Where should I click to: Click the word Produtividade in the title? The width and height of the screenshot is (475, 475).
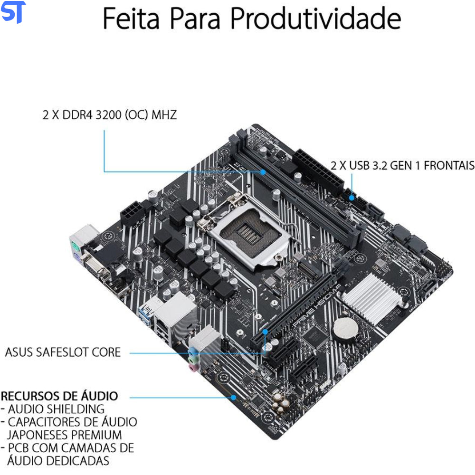tap(316, 19)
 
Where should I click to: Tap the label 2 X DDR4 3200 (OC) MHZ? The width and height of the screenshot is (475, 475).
tap(110, 115)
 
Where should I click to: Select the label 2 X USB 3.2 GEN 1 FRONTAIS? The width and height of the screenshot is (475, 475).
tap(403, 166)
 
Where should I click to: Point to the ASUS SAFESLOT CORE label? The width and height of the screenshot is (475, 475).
tap(63, 352)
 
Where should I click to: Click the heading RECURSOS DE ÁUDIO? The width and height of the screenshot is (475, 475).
tap(59, 396)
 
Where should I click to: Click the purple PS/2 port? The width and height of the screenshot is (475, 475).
tap(77, 259)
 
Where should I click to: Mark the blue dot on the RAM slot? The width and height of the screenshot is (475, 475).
tap(263, 172)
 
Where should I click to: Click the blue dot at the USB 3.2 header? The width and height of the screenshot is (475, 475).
tap(351, 198)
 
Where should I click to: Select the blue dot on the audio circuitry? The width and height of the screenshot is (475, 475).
tap(234, 398)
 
